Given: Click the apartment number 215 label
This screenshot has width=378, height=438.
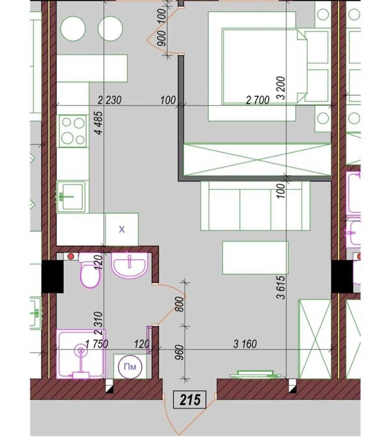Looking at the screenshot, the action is point(190,400).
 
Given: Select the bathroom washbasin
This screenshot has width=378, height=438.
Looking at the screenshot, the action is point(129,266).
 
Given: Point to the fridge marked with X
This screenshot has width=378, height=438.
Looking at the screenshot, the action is point(122,229).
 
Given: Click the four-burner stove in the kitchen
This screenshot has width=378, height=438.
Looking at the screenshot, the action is point(73,131).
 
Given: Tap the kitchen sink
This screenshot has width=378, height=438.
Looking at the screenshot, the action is point(71,196).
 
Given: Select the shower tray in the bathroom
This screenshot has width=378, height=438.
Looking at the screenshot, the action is point(81,354).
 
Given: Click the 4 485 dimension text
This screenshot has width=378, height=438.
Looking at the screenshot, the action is point(99,123).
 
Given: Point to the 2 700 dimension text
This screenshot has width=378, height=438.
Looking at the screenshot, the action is point(258,100).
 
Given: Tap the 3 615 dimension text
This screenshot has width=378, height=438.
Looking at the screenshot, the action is point(281,287).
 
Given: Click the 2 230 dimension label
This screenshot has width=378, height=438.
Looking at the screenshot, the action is point(110,100).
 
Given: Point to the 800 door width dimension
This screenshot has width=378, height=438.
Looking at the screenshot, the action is point(180,304).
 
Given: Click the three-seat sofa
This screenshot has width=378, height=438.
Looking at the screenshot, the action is point(255,206).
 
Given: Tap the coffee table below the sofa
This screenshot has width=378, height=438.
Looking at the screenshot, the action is point(255,258).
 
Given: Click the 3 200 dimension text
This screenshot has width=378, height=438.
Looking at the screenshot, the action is point(281,88).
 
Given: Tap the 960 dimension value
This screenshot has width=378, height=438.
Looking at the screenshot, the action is point(180,353).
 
